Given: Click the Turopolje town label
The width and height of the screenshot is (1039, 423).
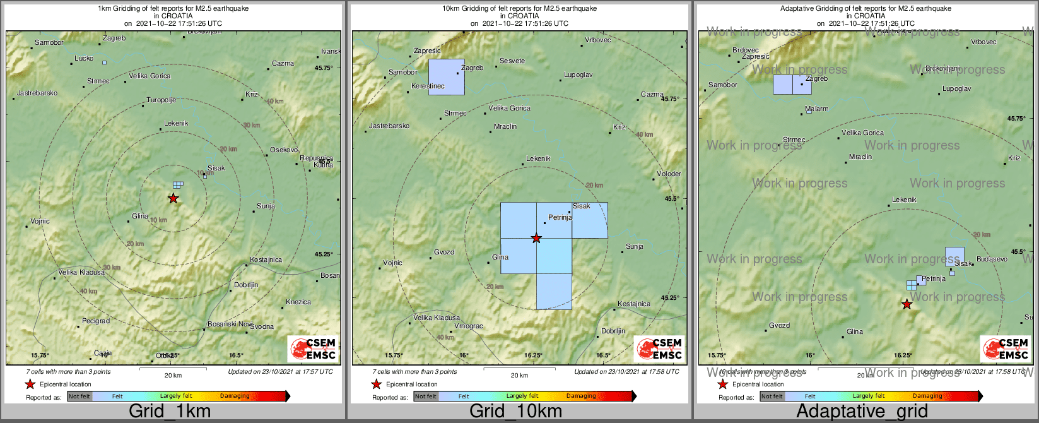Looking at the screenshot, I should pyautogui.click(x=161, y=100).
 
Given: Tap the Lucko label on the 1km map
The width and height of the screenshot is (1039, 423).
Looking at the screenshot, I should pyautogui.click(x=84, y=58).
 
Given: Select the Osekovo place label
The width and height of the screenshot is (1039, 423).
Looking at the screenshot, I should pyautogui.click(x=284, y=150).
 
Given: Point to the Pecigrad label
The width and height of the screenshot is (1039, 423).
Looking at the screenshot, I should pyautogui.click(x=96, y=321).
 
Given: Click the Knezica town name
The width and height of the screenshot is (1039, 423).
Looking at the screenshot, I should pyautogui.click(x=298, y=302).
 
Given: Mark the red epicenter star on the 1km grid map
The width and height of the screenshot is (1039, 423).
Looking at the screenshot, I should pyautogui.click(x=173, y=198).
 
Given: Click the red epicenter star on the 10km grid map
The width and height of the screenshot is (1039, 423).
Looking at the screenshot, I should pyautogui.click(x=536, y=238).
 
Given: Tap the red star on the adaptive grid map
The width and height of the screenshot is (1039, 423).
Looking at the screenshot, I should pyautogui.click(x=907, y=304).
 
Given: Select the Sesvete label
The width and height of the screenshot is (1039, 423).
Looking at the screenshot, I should pyautogui.click(x=512, y=61).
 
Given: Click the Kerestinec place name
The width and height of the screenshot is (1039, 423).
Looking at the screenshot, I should pyautogui.click(x=428, y=86).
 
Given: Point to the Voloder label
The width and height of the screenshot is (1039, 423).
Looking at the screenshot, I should pyautogui.click(x=669, y=174).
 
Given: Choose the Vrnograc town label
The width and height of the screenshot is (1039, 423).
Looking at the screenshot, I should pyautogui.click(x=469, y=326).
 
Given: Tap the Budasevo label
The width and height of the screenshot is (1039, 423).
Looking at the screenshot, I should pyautogui.click(x=992, y=259).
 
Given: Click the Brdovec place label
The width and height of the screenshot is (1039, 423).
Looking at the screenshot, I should pyautogui.click(x=746, y=50).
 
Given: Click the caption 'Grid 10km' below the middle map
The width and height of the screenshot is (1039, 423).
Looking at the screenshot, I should pyautogui.click(x=515, y=412).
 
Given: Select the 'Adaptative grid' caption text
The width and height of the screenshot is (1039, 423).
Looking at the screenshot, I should pyautogui.click(x=862, y=412).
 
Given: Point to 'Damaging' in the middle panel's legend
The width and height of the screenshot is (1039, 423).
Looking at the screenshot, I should pyautogui.click(x=581, y=396).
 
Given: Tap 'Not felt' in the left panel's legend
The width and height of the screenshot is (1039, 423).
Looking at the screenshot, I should pyautogui.click(x=79, y=396).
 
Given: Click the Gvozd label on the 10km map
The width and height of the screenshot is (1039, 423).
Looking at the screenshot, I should pyautogui.click(x=444, y=252).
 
